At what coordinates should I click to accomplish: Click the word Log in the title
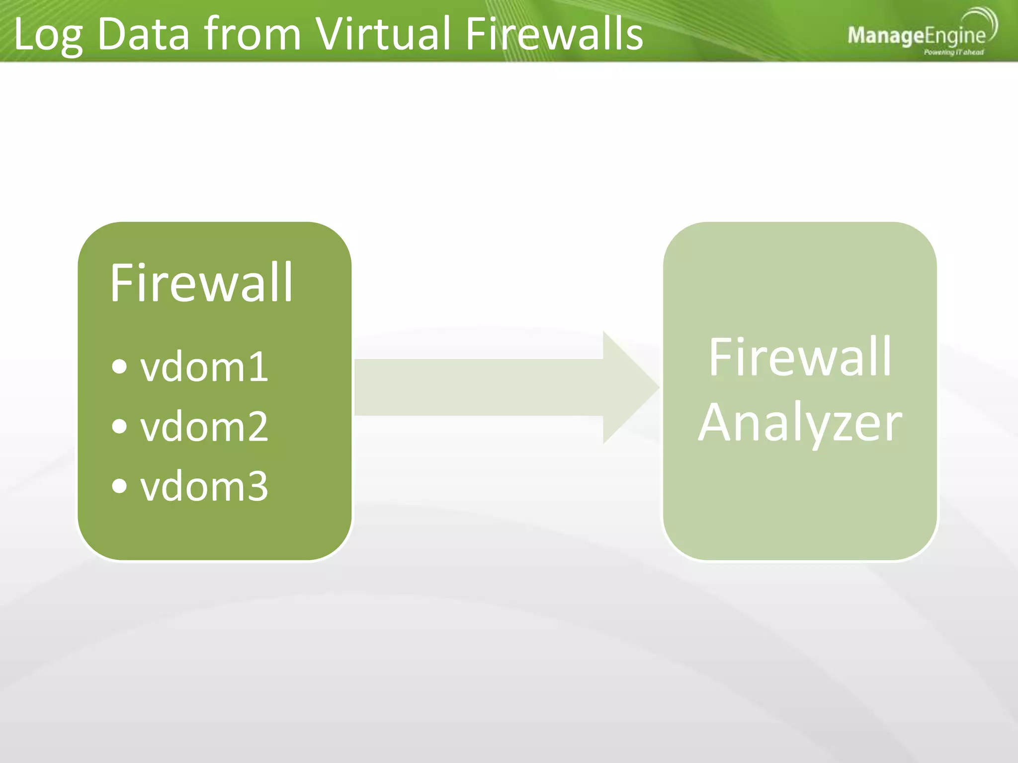[48, 35]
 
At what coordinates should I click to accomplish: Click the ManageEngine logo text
[916, 36]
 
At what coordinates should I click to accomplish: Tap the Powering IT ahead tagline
[953, 52]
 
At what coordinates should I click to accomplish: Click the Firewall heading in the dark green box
[201, 283]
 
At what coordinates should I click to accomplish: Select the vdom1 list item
[204, 368]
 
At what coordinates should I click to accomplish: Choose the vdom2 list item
[204, 427]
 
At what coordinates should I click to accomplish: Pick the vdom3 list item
[204, 487]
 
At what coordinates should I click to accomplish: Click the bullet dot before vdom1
[119, 367]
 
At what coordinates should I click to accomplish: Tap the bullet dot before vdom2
[119, 426]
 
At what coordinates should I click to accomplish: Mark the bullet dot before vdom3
[119, 486]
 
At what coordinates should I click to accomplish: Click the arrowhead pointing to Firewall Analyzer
[629, 387]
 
